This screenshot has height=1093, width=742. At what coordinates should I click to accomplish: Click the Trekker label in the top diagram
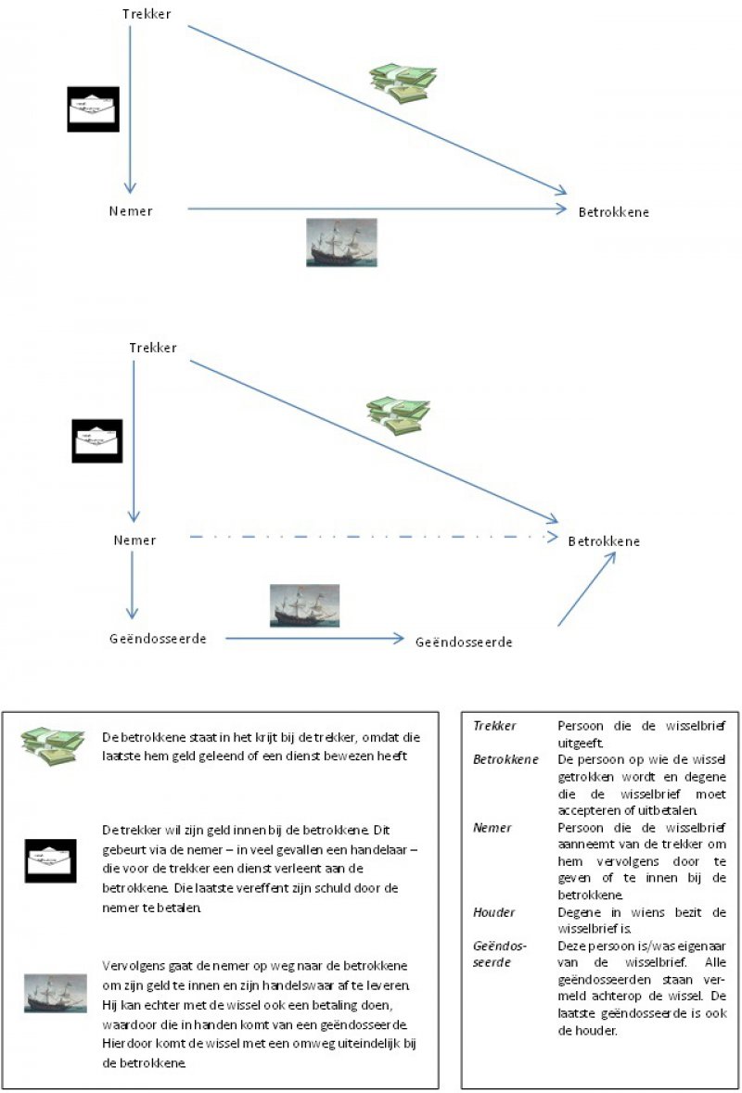[147, 14]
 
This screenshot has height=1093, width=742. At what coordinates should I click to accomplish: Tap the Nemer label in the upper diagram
[130, 210]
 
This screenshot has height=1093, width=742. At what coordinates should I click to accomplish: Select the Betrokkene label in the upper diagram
[613, 212]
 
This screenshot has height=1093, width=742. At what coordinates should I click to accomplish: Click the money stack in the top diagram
[403, 82]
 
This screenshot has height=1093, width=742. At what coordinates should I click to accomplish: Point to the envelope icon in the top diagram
[94, 109]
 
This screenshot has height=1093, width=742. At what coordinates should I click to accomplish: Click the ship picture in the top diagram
[341, 242]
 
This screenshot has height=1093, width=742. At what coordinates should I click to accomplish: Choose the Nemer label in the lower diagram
[134, 540]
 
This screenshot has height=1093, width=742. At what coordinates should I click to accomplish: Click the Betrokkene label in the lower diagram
[603, 540]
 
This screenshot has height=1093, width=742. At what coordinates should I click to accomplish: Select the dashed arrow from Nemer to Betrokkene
[371, 537]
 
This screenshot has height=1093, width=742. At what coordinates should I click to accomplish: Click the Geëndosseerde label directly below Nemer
[157, 639]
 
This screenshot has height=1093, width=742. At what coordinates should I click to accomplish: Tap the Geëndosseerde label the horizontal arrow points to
[464, 642]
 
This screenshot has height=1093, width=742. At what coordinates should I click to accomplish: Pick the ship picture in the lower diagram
[304, 605]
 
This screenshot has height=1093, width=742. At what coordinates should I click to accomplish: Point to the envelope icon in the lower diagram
[97, 440]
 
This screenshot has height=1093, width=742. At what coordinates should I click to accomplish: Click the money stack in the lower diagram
[398, 414]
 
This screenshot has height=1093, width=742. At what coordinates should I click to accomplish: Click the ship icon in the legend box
[55, 993]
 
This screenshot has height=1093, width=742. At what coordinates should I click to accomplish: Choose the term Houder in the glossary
[494, 913]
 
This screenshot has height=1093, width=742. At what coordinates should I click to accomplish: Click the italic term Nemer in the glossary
[493, 828]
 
